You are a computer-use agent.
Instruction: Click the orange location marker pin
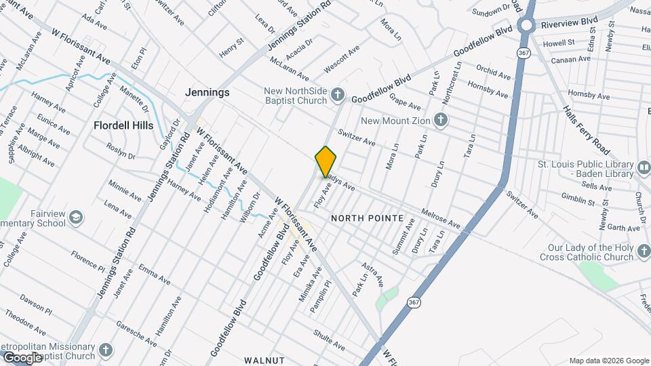(x=326, y=162)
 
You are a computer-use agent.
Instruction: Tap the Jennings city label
(x=208, y=92)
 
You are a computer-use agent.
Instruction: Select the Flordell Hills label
(x=123, y=125)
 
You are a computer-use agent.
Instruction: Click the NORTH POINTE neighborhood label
(x=372, y=219)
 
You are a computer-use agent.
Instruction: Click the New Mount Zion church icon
(x=441, y=121)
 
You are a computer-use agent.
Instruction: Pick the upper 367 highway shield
(x=522, y=52)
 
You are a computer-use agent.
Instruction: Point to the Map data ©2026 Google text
(x=608, y=361)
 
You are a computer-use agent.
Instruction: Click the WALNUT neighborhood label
(x=264, y=360)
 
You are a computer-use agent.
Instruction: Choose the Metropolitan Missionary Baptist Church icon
(x=104, y=350)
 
